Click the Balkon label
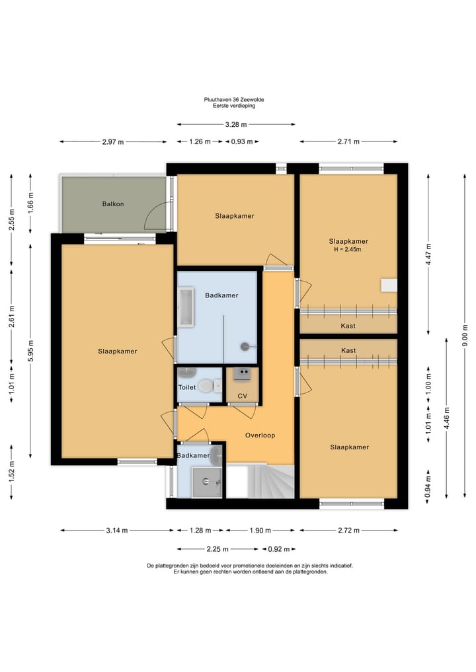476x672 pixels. [113, 204]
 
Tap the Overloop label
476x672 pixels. [260, 435]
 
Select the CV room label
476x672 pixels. [242, 396]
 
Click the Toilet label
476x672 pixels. [187, 387]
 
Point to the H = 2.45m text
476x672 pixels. [347, 249]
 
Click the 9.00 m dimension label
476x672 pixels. [465, 336]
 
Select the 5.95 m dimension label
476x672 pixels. [30, 351]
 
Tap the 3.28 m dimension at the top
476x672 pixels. [236, 125]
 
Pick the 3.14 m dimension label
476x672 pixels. [117, 531]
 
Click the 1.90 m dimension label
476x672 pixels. [260, 531]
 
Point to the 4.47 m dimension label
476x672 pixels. [428, 254]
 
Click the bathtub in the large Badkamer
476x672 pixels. [186, 307]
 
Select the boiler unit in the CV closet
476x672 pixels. [242, 375]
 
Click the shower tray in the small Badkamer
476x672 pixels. [207, 482]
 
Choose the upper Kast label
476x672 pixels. [348, 326]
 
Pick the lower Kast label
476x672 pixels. [348, 351]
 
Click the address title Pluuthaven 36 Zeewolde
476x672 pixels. [234, 99]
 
